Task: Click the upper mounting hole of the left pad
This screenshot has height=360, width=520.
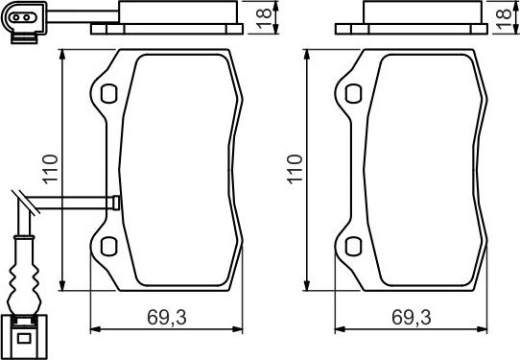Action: click(107, 94)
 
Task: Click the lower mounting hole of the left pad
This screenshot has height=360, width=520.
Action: click(107, 245)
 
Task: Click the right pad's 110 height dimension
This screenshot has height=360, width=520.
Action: click(295, 169)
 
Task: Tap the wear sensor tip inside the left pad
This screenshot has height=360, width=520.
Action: click(115, 202)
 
